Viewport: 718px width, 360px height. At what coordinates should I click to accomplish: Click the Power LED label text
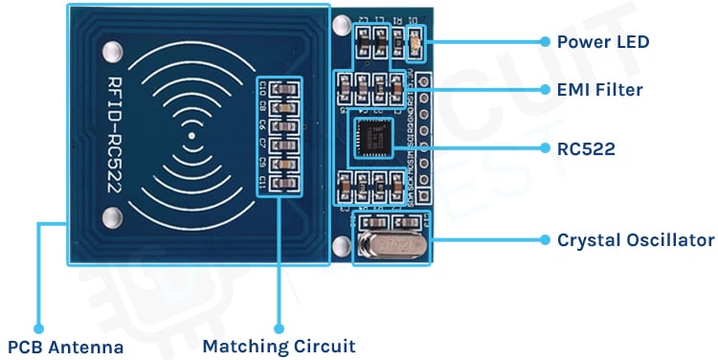click(602, 42)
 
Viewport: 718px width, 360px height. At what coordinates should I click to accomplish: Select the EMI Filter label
click(599, 90)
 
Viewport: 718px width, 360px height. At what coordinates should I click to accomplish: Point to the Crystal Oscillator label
click(635, 239)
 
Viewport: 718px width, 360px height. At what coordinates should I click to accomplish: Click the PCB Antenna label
click(66, 347)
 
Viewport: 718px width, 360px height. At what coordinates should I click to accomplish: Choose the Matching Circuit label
click(279, 346)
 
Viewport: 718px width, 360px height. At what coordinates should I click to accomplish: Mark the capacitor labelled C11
click(280, 183)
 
